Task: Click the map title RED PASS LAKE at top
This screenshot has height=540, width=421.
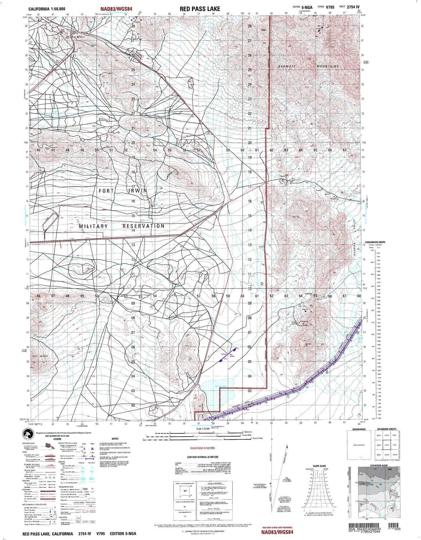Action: pyautogui.click(x=200, y=9)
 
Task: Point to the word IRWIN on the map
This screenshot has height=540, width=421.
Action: pyautogui.click(x=137, y=191)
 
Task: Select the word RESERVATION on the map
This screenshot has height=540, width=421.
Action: pyautogui.click(x=143, y=226)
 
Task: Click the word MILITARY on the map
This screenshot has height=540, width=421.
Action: pyautogui.click(x=93, y=226)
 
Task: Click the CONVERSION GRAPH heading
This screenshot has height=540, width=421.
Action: pyautogui.click(x=375, y=242)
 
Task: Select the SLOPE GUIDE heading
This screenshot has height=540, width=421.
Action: pyautogui.click(x=319, y=466)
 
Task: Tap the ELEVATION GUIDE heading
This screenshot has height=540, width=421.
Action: pyautogui.click(x=379, y=465)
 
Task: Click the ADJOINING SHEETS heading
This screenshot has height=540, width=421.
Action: pyautogui.click(x=387, y=429)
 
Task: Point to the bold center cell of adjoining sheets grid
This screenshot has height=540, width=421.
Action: pyautogui.click(x=387, y=445)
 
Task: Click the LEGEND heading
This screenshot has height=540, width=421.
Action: pyautogui.click(x=57, y=439)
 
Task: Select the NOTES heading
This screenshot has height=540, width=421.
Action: pyautogui.click(x=115, y=439)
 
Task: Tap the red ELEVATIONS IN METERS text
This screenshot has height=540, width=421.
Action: pyautogui.click(x=202, y=448)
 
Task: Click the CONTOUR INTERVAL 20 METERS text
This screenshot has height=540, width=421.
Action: pyautogui.click(x=202, y=457)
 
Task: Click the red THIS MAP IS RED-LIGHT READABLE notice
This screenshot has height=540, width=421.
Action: pyautogui.click(x=277, y=528)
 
